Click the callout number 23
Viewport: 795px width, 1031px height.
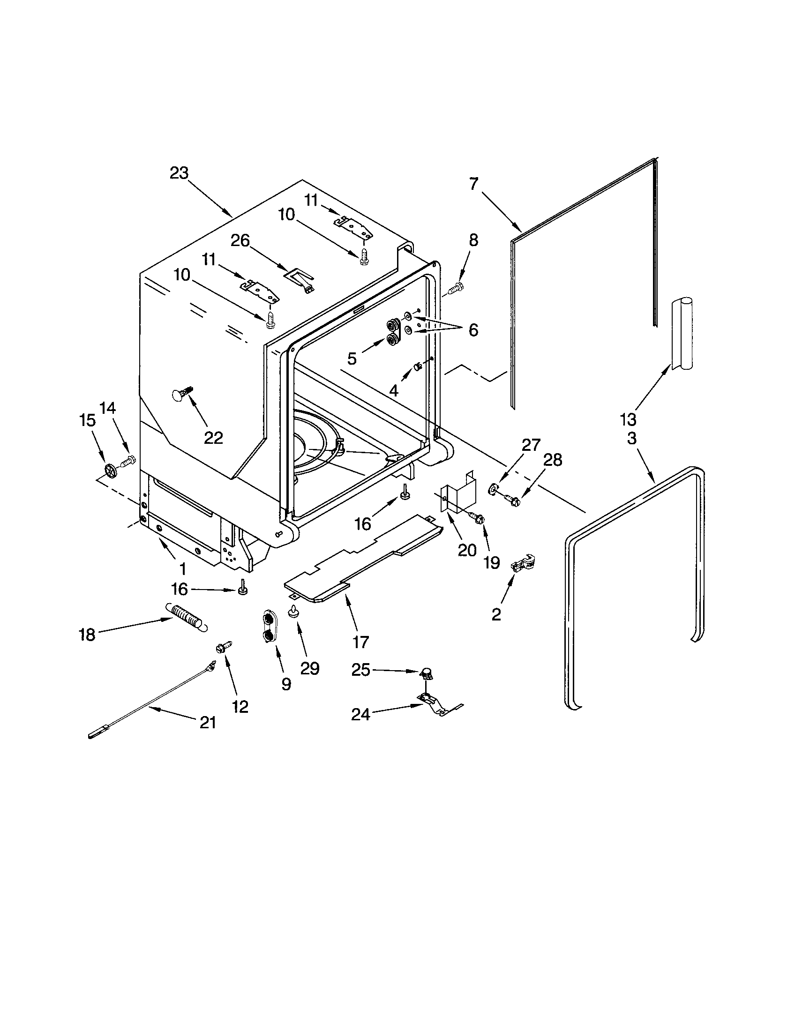179,173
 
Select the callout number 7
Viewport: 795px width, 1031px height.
474,183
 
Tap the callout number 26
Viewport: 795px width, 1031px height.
240,241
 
